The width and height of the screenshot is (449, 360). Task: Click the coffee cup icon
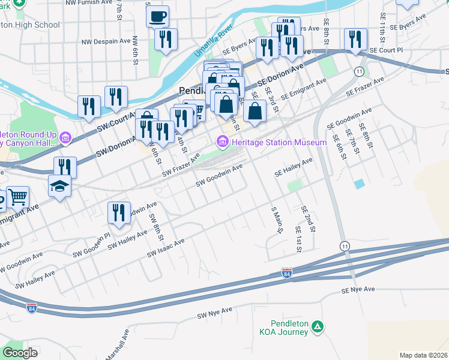point(158,16)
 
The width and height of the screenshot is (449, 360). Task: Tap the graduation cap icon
point(60,188)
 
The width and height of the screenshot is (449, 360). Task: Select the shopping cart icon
point(18,196)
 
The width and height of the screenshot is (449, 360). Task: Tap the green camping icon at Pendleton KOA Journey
point(318,327)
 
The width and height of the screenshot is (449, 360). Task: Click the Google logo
point(20,353)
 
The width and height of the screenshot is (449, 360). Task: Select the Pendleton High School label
point(30,25)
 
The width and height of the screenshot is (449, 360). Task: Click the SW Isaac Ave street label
point(166,248)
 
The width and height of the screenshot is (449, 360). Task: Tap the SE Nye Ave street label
point(358,290)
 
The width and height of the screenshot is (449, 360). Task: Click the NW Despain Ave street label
point(106,42)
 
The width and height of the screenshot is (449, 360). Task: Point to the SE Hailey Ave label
point(294,167)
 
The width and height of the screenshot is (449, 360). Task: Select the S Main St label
point(276,220)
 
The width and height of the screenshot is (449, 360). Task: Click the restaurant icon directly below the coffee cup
point(164,39)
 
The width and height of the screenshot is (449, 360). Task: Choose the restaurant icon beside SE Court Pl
point(355,39)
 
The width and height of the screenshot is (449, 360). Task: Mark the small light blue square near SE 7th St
point(359,184)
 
